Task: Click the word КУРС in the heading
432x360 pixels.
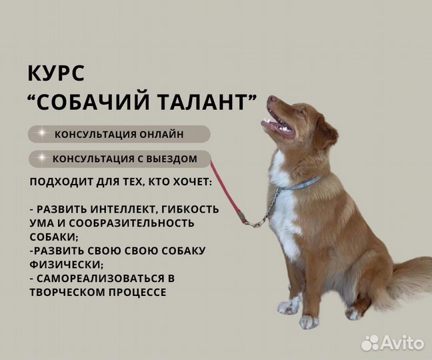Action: (x=56, y=73)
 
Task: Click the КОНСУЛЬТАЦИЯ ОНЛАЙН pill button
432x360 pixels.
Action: (x=119, y=134)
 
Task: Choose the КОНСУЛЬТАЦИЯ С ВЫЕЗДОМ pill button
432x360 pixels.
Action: (x=120, y=159)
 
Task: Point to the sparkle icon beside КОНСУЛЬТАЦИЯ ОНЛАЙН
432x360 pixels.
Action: (x=41, y=133)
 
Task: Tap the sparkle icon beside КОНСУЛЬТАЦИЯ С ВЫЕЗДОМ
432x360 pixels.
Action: (x=41, y=158)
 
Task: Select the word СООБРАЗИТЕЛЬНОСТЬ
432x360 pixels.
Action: (x=131, y=223)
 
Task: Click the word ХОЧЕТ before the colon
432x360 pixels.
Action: (x=192, y=182)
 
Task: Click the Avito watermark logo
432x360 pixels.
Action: (x=393, y=343)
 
